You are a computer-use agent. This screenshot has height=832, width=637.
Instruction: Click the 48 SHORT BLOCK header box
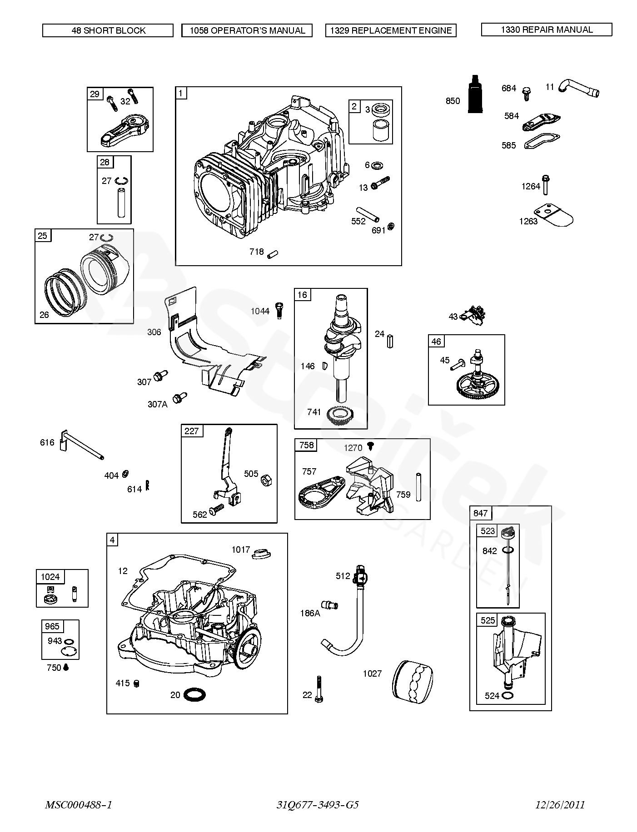(108, 30)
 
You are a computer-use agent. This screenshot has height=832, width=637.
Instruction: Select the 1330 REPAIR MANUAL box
(547, 30)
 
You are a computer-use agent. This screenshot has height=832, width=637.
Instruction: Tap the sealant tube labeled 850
(475, 94)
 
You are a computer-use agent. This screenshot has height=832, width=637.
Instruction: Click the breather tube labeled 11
(579, 88)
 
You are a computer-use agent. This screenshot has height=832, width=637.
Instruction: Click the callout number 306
(154, 332)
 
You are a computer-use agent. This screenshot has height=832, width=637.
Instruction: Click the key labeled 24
(390, 340)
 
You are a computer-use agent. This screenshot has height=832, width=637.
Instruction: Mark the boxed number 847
(480, 514)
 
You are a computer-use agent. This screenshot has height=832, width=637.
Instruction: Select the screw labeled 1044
(280, 310)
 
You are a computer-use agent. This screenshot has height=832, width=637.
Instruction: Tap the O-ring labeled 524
(509, 695)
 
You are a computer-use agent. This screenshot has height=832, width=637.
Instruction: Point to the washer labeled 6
(377, 165)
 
